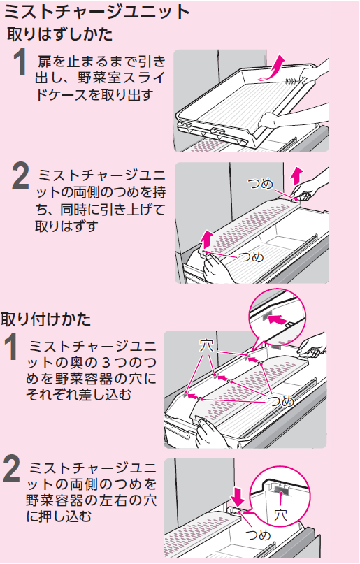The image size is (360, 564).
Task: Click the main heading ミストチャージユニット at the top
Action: click(x=96, y=13)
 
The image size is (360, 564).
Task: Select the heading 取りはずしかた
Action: click(x=59, y=34)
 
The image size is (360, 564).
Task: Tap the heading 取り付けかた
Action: click(x=45, y=319)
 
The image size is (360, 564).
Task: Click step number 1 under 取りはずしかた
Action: click(x=20, y=62)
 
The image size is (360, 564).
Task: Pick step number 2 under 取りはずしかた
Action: click(x=20, y=176)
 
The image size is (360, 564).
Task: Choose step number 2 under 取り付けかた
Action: click(x=11, y=468)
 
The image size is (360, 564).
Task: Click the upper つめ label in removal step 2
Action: click(x=261, y=185)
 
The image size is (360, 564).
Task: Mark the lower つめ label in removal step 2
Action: click(x=251, y=256)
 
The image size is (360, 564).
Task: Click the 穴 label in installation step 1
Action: click(x=206, y=346)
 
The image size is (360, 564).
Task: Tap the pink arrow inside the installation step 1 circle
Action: click(x=278, y=319)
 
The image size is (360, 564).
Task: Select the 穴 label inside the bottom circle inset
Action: click(x=280, y=515)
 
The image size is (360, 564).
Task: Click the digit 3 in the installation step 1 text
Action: click(x=106, y=363)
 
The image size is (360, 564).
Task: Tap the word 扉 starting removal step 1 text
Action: click(x=45, y=62)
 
